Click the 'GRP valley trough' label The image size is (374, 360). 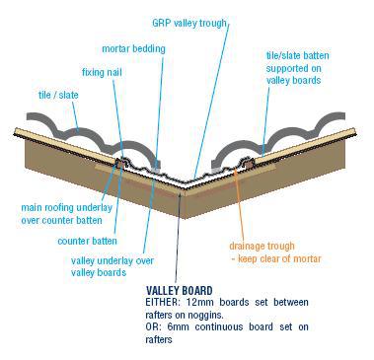189,24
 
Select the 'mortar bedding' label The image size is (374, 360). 133,49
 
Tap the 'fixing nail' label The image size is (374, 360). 102,72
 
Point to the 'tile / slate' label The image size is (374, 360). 58,95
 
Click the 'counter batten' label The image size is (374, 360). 87,241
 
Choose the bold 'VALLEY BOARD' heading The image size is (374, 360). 180,291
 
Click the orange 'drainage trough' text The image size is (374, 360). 262,246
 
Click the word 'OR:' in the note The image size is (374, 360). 153,327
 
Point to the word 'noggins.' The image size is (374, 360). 205,315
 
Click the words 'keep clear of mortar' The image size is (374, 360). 279,258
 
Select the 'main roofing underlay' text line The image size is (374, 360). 67,208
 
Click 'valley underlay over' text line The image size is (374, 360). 112,261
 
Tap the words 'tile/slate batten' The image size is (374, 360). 297,55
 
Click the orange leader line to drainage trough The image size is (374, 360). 240,205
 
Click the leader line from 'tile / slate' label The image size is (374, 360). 75,116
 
